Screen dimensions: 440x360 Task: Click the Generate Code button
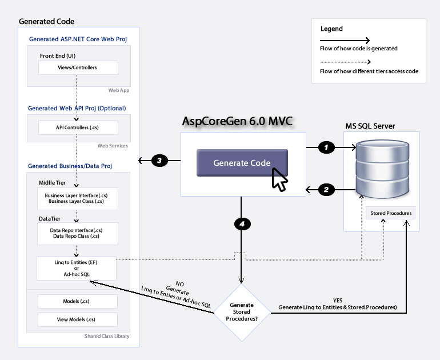click(x=242, y=163)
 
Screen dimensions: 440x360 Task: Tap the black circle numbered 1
click(x=326, y=147)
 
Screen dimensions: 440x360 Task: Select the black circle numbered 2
click(x=326, y=190)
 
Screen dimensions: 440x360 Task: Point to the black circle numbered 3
click(x=159, y=161)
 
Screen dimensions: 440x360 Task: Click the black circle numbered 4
click(x=242, y=224)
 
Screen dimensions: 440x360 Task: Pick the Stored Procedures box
click(x=391, y=213)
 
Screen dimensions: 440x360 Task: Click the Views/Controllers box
click(x=78, y=67)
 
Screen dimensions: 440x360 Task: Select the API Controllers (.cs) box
click(x=78, y=127)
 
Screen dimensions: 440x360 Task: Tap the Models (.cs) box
click(x=78, y=301)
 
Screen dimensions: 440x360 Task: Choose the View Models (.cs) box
click(x=78, y=319)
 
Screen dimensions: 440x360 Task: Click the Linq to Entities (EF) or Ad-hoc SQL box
click(x=77, y=268)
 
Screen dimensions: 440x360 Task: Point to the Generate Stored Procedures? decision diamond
click(x=242, y=313)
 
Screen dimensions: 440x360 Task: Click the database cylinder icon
click(x=382, y=169)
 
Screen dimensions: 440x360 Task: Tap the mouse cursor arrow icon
click(x=279, y=179)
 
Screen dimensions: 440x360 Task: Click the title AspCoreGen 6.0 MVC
click(x=237, y=121)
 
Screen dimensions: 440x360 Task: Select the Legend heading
click(x=331, y=29)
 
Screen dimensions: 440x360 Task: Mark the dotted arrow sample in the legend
click(x=346, y=62)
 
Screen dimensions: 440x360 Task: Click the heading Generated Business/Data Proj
click(x=70, y=166)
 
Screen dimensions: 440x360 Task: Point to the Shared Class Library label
click(x=107, y=336)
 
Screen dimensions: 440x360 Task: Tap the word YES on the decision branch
click(x=338, y=300)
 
